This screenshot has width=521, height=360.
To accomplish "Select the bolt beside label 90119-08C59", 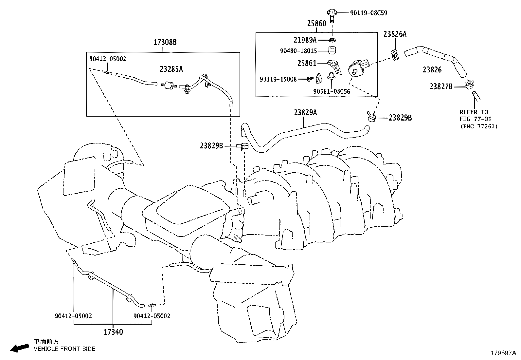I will (x=331, y=15).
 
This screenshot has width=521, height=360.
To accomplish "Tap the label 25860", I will (x=316, y=24).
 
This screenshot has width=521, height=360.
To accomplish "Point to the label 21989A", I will (x=305, y=40).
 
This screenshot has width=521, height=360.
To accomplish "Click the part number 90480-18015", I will (x=298, y=51).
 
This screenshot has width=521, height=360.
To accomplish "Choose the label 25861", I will (x=307, y=63).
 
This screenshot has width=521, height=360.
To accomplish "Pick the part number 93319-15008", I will (x=278, y=79).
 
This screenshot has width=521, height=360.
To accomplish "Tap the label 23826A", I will (x=395, y=34).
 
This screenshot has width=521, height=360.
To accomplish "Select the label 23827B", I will (x=441, y=86).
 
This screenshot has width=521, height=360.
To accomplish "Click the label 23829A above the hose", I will (x=305, y=112).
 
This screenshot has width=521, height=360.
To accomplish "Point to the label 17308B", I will (x=165, y=42).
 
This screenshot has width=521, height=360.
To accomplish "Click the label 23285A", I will (x=171, y=69).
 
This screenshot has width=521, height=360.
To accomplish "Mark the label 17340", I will (x=113, y=332).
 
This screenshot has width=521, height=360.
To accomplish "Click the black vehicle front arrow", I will (x=19, y=348).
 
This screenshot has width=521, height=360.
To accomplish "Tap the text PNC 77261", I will (x=478, y=126).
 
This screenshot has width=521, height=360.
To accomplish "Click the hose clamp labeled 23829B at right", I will (x=371, y=117).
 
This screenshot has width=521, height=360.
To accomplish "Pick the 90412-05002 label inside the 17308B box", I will (x=108, y=59).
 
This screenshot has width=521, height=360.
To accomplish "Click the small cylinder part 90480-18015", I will (x=332, y=50).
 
